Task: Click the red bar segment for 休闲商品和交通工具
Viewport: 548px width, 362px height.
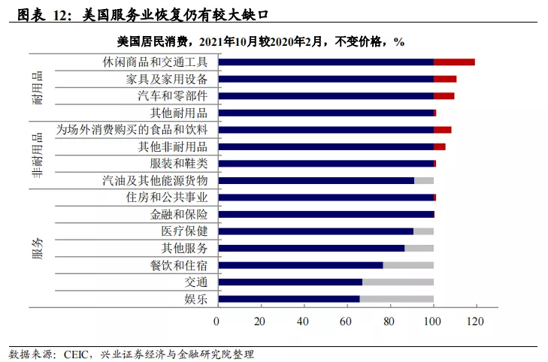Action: pos(454,62)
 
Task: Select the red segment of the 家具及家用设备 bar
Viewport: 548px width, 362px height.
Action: pos(445,79)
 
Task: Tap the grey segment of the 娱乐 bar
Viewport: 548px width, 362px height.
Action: pos(396,299)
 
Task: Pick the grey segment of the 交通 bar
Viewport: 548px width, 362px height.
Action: pos(398,282)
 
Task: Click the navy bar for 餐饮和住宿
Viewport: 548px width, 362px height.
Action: pos(300,265)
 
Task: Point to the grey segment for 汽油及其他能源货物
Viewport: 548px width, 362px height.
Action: pos(423,180)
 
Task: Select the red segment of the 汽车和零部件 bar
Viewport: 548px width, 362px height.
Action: pos(444,95)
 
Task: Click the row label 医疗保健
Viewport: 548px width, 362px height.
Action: pos(184,231)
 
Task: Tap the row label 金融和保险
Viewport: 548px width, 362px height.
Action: pos(179,214)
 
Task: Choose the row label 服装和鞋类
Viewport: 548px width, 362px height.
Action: pos(179,163)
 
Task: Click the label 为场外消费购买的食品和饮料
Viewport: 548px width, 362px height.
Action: pos(132,129)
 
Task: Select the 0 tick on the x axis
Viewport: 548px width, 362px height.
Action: pos(216,322)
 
